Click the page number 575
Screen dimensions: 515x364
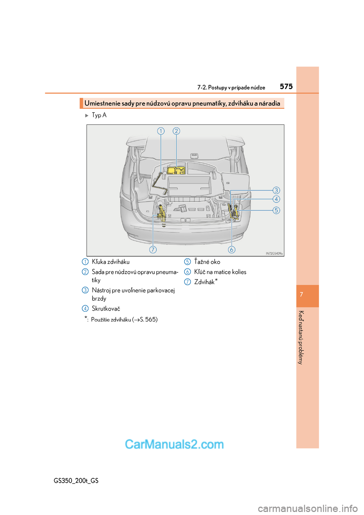click(286, 86)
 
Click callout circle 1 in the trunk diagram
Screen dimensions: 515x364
click(161, 131)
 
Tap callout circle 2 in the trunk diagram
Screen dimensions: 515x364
click(176, 131)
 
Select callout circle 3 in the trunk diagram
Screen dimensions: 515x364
click(276, 190)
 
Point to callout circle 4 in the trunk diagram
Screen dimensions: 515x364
click(276, 199)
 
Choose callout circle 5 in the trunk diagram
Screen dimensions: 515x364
click(276, 210)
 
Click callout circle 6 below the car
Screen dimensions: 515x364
click(231, 250)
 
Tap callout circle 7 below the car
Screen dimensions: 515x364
click(153, 250)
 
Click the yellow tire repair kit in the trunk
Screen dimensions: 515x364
click(176, 170)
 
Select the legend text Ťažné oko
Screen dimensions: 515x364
click(207, 262)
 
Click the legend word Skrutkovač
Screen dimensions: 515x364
click(106, 309)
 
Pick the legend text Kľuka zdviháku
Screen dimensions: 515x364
click(111, 262)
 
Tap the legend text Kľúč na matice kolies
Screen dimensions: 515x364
click(220, 272)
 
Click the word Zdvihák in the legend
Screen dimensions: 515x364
click(204, 282)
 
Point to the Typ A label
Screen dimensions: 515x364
click(99, 115)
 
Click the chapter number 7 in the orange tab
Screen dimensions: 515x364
click(301, 295)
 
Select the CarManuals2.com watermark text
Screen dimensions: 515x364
click(174, 444)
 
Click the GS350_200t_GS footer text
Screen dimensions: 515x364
click(76, 480)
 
